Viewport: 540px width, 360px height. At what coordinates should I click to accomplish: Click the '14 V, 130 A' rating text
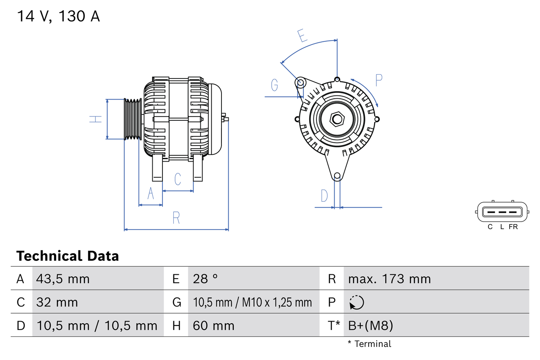[x=58, y=16]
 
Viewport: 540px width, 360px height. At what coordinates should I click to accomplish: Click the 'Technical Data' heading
[x=67, y=256]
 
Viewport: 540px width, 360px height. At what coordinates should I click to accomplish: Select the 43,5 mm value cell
[x=63, y=279]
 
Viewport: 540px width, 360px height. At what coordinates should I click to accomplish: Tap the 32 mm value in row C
[x=57, y=302]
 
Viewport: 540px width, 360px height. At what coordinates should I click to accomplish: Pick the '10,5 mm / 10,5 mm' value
[x=97, y=325]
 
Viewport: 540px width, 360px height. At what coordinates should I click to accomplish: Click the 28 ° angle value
[x=205, y=279]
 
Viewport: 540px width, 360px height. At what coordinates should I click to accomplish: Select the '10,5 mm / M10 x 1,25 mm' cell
[x=252, y=302]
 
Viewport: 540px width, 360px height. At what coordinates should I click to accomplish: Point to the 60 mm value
[x=213, y=325]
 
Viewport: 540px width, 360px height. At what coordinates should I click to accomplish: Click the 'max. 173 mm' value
[x=389, y=279]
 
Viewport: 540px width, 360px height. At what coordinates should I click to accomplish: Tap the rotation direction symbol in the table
[x=356, y=302]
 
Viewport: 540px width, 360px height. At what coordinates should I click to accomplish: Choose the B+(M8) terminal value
[x=370, y=325]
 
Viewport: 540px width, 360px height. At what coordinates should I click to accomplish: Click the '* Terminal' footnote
[x=370, y=344]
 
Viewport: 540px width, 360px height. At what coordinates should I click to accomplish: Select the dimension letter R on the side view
[x=176, y=218]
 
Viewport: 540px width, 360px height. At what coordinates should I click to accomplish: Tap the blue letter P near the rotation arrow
[x=378, y=80]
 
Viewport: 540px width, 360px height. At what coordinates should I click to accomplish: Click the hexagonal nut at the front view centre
[x=337, y=119]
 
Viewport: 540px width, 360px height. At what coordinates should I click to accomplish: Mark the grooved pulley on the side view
[x=132, y=119]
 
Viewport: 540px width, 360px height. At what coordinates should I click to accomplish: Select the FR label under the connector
[x=513, y=227]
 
